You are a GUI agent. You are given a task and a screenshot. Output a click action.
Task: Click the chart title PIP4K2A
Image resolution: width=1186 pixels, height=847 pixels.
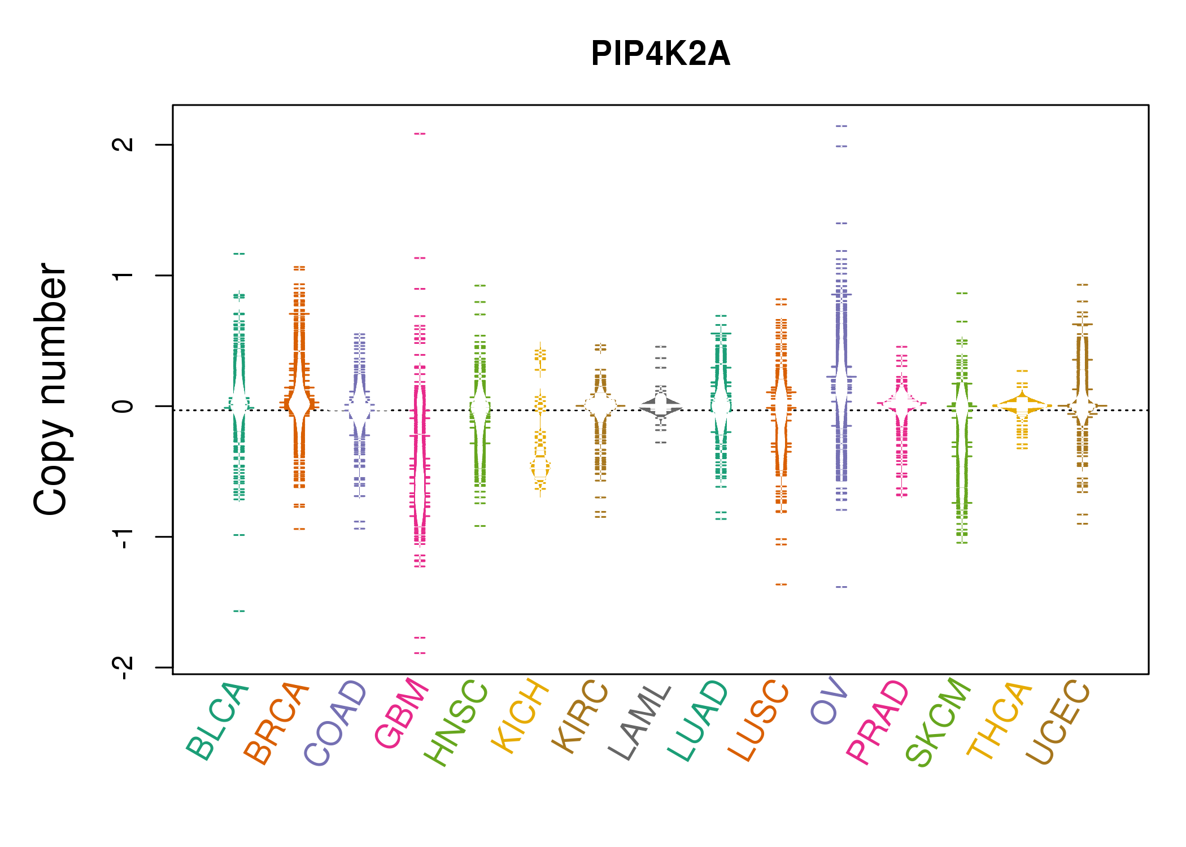click(660, 54)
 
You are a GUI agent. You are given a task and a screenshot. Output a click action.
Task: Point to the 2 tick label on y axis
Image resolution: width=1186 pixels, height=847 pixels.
click(123, 145)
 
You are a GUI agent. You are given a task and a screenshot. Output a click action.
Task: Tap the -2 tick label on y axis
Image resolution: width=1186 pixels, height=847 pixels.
click(123, 667)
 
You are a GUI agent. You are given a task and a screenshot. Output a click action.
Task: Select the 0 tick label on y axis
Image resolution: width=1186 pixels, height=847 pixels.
click(123, 406)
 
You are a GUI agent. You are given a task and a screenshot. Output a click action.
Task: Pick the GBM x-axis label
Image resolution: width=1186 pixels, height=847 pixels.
click(402, 714)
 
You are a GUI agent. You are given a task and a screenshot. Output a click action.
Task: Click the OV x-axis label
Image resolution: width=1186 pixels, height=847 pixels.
click(829, 700)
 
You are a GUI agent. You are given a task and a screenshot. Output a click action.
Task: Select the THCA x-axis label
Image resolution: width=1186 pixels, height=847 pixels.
click(1000, 720)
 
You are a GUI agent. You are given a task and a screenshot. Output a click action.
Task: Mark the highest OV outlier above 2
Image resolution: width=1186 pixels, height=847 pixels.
click(841, 126)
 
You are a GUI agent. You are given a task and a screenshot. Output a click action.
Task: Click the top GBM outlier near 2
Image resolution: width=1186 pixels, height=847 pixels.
click(420, 134)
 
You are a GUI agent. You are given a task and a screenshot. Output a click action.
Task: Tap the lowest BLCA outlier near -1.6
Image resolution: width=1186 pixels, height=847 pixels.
click(239, 611)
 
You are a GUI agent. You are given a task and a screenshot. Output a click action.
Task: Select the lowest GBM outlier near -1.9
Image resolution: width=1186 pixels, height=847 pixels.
click(420, 653)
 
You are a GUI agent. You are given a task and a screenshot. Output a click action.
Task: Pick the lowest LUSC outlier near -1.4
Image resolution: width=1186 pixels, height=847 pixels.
click(781, 584)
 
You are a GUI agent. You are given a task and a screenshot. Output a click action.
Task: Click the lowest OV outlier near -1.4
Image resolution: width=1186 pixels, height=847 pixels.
click(841, 587)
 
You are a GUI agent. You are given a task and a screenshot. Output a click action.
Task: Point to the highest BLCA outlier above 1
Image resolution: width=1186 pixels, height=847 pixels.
click(239, 254)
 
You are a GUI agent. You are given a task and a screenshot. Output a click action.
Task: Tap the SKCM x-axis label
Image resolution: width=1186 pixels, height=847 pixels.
click(938, 723)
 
